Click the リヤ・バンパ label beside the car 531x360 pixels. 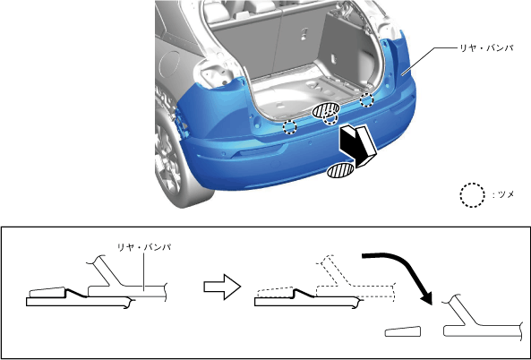[485, 48]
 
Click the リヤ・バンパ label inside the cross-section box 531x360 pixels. [143, 247]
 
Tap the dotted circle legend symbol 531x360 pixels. [473, 195]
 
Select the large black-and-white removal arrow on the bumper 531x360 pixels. [358, 144]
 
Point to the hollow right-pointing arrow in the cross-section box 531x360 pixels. [222, 287]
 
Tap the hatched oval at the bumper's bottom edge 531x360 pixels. [340, 170]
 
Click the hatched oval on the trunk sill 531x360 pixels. [325, 110]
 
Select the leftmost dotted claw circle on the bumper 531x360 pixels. [290, 127]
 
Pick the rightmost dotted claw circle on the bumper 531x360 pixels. [366, 100]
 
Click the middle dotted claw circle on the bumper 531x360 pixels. [330, 118]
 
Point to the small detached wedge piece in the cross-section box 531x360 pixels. [403, 331]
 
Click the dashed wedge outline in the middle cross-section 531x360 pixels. [275, 292]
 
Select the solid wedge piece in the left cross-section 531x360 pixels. [47, 292]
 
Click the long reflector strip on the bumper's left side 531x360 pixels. [257, 150]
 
